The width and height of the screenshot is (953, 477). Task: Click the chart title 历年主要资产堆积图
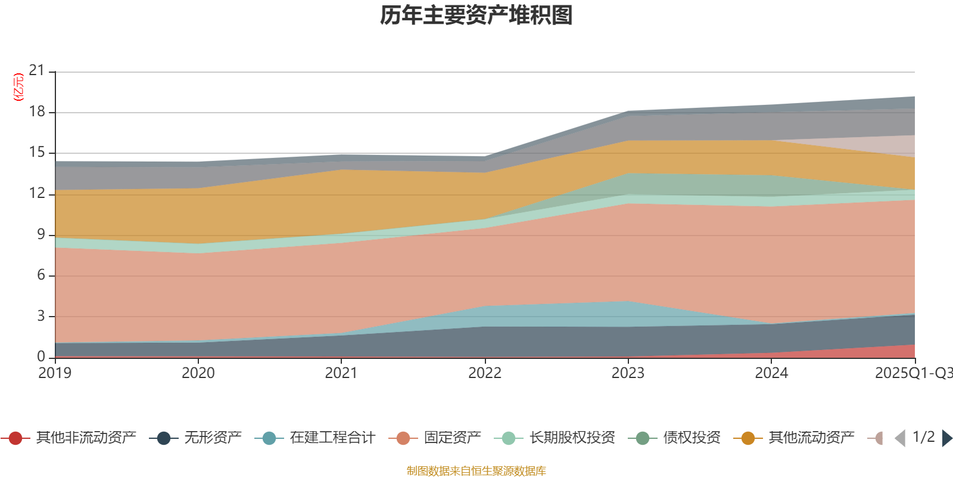476,16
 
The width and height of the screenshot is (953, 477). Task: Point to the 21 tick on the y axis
37,71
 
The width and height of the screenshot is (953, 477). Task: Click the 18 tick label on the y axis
37,111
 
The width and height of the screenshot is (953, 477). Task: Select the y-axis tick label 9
41,234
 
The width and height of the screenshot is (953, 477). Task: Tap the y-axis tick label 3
41,316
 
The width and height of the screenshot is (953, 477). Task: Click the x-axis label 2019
55,373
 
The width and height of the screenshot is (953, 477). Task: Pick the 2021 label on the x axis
341,373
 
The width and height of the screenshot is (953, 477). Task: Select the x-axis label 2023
628,373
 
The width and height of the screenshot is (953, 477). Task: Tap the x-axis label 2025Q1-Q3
912,373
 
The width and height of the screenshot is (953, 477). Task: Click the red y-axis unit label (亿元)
18,87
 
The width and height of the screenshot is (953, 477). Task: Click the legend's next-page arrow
947,438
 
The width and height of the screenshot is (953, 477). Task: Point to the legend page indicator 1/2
923,437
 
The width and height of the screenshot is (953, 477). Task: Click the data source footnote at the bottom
476,471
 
